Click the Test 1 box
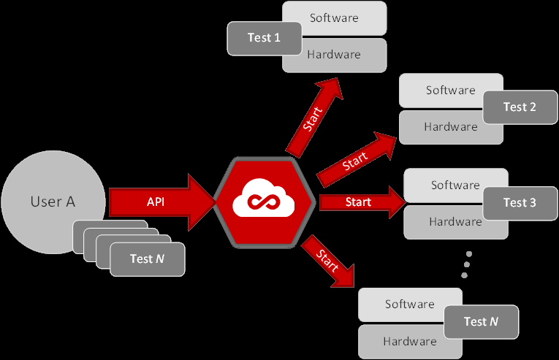264,38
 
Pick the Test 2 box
519,107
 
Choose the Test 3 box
519,202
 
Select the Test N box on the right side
480,321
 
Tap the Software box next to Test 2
444,90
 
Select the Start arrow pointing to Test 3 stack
358,202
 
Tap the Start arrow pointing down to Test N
327,260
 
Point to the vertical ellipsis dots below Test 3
466,264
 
